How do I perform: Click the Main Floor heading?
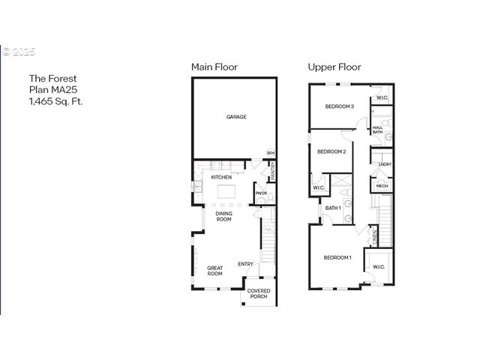point(214,67)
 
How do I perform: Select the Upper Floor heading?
point(334,67)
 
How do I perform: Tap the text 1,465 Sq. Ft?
point(56,100)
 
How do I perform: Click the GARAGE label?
point(236,116)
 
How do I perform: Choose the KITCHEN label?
point(220,177)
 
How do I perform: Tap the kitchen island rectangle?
point(230,192)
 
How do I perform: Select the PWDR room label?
point(261,193)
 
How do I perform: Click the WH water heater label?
point(270,153)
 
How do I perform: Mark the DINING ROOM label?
point(223,217)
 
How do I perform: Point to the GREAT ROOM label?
point(215,271)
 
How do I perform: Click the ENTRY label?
point(245,263)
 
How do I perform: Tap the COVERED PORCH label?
point(259,293)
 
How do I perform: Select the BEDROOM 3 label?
point(339,106)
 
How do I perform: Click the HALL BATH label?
point(377,130)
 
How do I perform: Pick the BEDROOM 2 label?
point(331,151)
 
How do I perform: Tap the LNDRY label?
point(385,164)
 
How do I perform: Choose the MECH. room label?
point(381,186)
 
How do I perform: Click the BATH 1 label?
point(333,208)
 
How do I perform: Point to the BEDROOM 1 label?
point(337,257)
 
